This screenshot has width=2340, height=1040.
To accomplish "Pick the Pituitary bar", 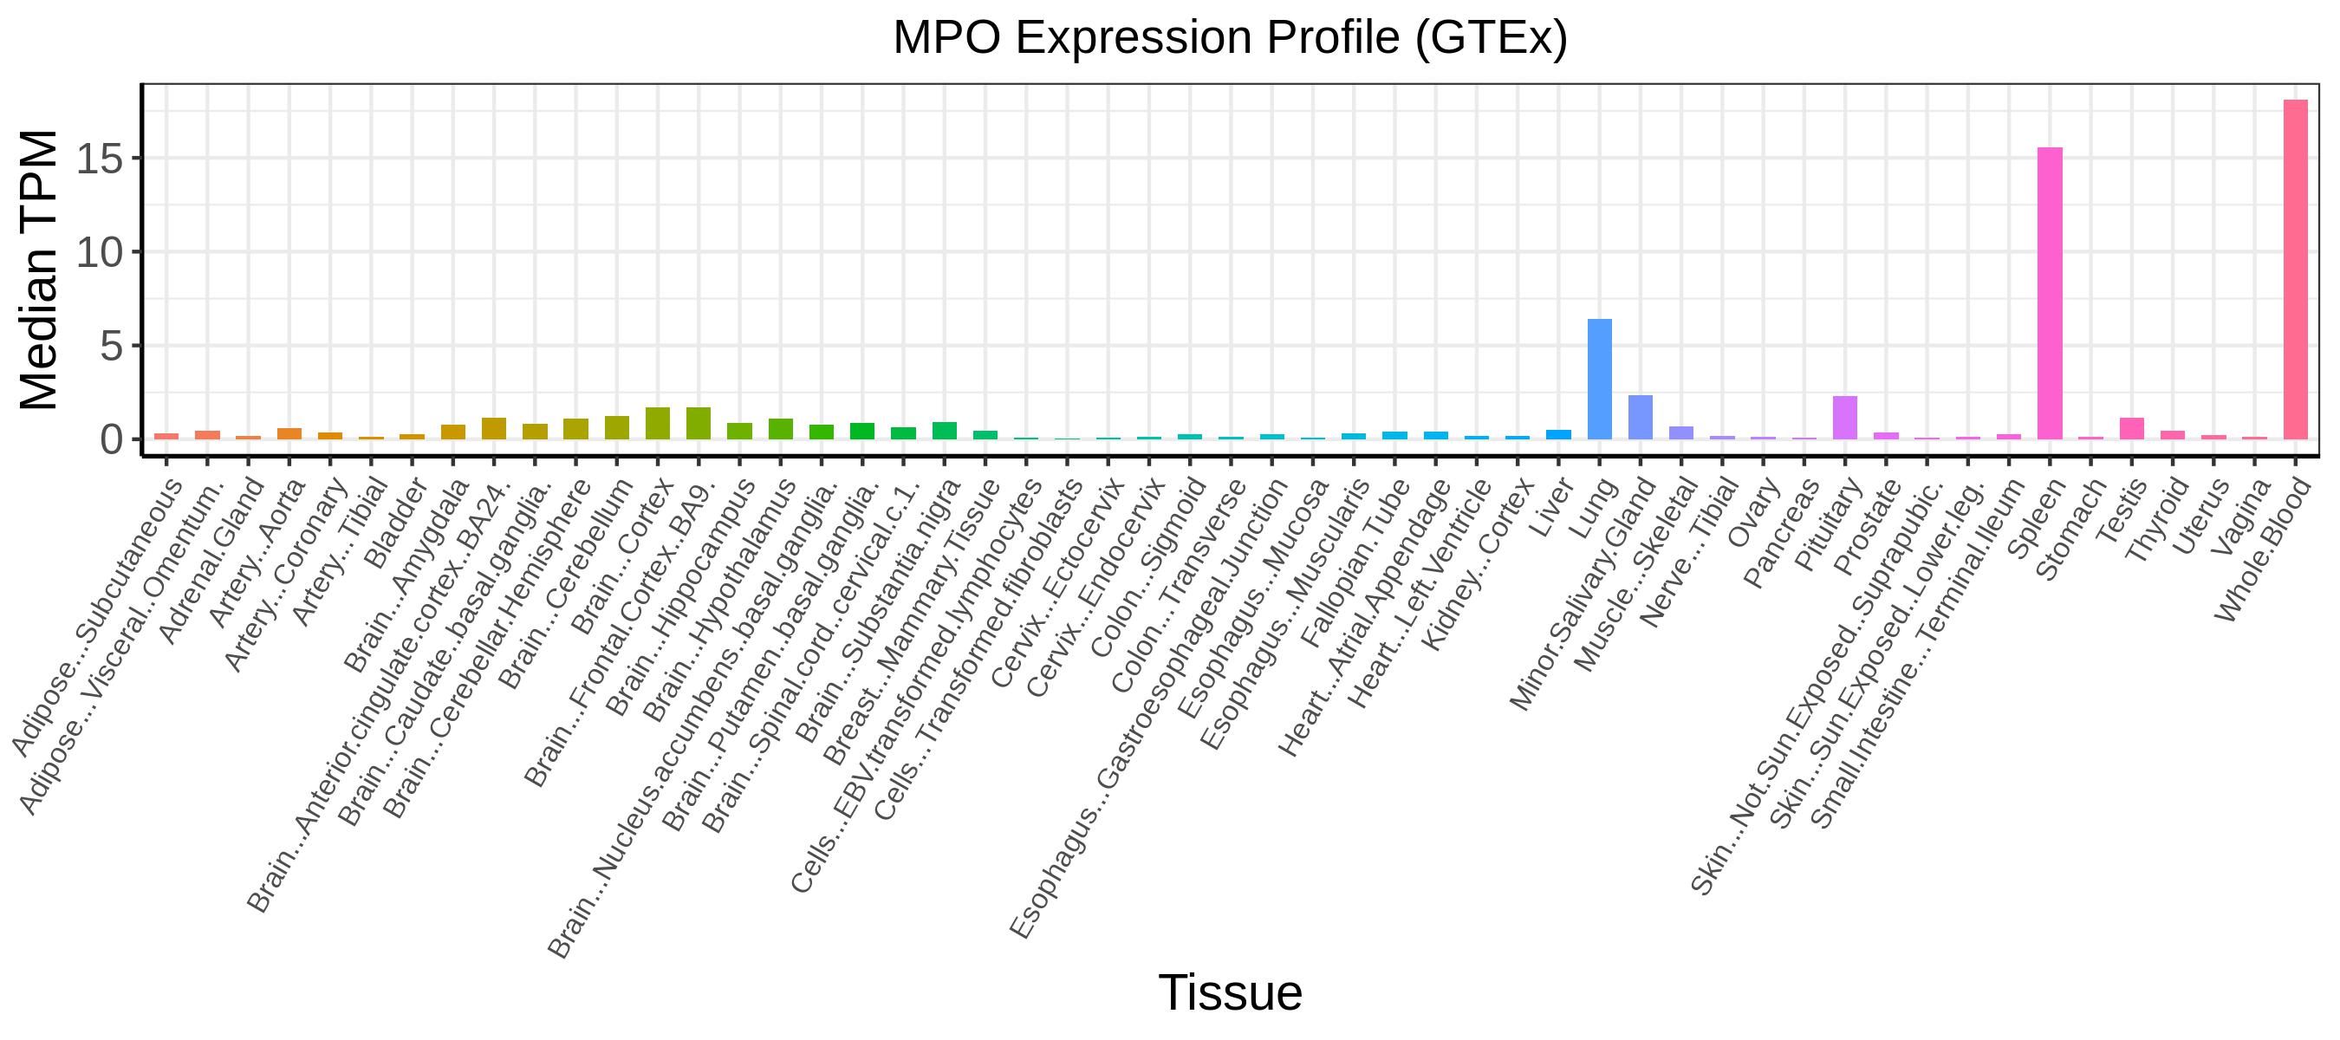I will point(1845,418).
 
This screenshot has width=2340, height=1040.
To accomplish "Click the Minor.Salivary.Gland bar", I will point(1641,417).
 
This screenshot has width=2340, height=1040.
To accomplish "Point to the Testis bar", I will point(2132,429).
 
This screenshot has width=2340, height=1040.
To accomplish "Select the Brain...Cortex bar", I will point(659,423).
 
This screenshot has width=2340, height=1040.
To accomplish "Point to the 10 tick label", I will point(99,252).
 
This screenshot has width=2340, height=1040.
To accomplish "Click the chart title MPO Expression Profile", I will point(1230,38).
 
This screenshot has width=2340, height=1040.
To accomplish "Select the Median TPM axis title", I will point(39,270).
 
